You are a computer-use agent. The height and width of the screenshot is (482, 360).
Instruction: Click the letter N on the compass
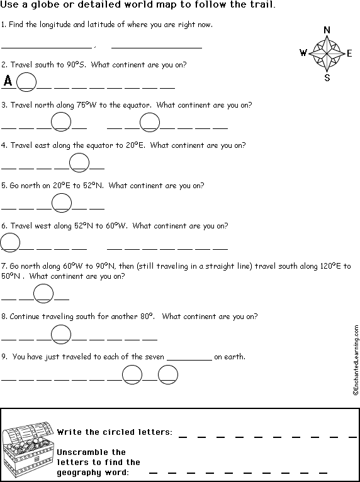pyautogui.click(x=327, y=30)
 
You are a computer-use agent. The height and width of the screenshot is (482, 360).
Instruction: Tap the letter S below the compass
pyautogui.click(x=327, y=78)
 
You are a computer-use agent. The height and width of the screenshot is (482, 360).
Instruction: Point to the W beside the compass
pyautogui.click(x=303, y=53)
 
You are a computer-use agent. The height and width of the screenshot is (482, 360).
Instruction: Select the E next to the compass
pyautogui.click(x=349, y=53)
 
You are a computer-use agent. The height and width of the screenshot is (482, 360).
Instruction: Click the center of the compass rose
pyautogui.click(x=327, y=53)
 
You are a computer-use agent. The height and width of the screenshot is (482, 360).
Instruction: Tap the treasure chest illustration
pyautogui.click(x=28, y=449)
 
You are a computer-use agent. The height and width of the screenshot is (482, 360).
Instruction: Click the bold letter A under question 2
pyautogui.click(x=8, y=81)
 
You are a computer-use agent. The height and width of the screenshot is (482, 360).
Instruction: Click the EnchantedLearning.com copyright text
pyautogui.click(x=356, y=360)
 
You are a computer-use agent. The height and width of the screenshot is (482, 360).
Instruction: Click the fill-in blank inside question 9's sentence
pyautogui.click(x=189, y=360)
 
